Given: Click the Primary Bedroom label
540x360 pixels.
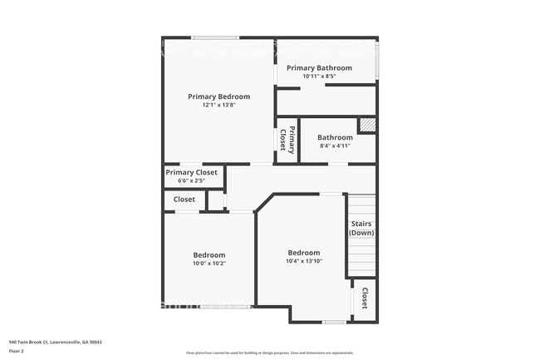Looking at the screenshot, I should pos(218,96).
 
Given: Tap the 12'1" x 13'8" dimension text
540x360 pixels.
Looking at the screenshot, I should pos(218,106).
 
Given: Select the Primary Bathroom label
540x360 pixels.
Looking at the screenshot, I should pos(319,67).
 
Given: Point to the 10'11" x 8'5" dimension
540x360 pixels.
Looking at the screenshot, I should pos(319,76).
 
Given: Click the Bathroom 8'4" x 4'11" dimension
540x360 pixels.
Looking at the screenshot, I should pos(335,145).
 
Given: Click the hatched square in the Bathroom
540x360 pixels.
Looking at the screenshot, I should pos(366,125).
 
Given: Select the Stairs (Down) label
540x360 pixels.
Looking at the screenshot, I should pos(361,228).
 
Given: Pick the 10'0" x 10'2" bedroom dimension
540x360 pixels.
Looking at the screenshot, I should pos(209,264).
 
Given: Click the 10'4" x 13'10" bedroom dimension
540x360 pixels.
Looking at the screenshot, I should pos(303,261).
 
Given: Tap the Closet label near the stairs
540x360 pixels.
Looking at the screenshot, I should pos(364,299).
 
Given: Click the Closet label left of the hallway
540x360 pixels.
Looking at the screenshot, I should pos(184,200).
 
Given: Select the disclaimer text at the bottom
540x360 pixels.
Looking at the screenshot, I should pos(269,353).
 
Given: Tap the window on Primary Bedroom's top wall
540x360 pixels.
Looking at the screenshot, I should pos(216,37).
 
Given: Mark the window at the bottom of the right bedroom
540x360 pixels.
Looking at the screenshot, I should pos(334,322).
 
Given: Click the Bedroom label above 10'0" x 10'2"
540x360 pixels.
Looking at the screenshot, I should pos(209,254).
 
